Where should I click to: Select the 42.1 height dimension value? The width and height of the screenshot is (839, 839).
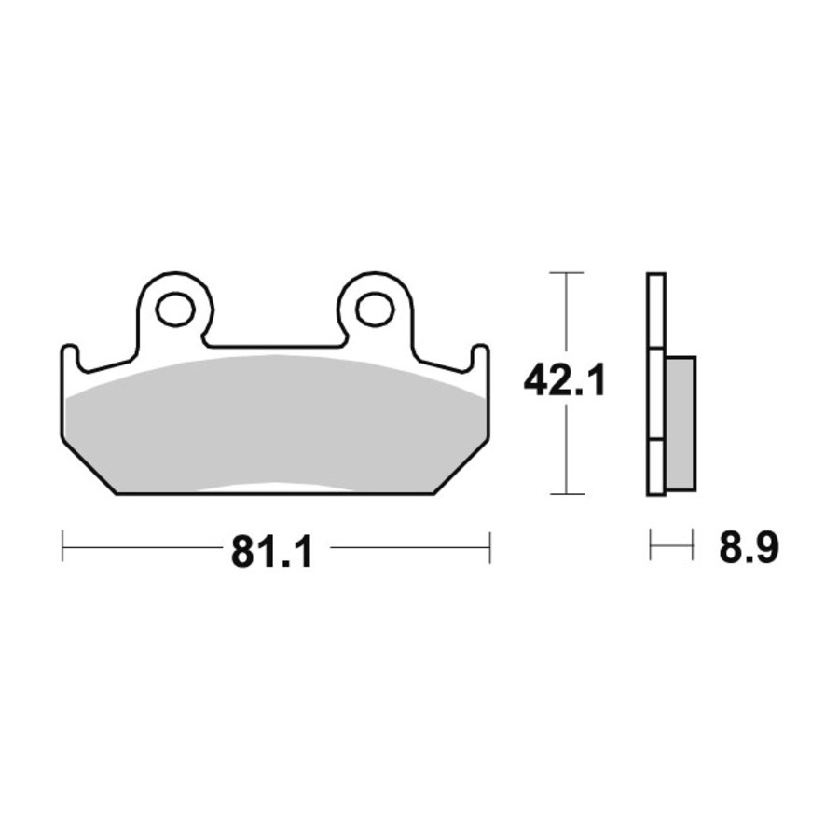pyautogui.click(x=564, y=380)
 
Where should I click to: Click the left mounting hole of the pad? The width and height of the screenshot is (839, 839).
pyautogui.click(x=175, y=309)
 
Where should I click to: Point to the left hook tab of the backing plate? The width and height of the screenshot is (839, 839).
pyautogui.click(x=71, y=357)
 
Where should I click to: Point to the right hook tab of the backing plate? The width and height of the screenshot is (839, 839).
pyautogui.click(x=479, y=357)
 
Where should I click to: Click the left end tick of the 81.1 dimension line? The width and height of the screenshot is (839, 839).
pyautogui.click(x=62, y=546)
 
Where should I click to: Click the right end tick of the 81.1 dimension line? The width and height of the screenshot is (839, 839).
pyautogui.click(x=489, y=547)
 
